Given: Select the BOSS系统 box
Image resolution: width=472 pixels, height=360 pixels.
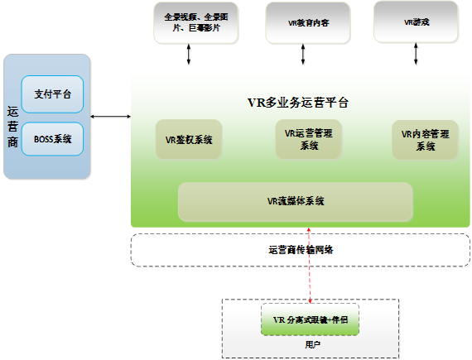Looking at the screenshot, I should click(52, 139).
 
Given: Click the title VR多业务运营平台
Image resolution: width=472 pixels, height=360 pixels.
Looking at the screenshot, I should click(297, 103).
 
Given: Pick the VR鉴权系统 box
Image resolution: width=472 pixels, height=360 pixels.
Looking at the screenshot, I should click(189, 139).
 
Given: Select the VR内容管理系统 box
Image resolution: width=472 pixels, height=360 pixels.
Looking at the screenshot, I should click(425, 139).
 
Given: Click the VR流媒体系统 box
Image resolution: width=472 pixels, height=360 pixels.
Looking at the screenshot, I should click(295, 201).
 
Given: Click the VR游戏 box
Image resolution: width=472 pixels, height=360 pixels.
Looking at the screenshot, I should click(416, 22).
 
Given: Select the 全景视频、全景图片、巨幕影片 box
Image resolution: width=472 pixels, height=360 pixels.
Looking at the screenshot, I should click(192, 22).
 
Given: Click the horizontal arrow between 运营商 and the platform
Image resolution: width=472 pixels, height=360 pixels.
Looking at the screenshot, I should click(111, 118).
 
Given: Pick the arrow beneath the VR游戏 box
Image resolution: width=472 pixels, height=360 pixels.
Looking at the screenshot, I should click(417, 55).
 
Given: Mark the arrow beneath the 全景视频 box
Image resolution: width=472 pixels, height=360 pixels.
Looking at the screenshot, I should click(191, 55).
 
